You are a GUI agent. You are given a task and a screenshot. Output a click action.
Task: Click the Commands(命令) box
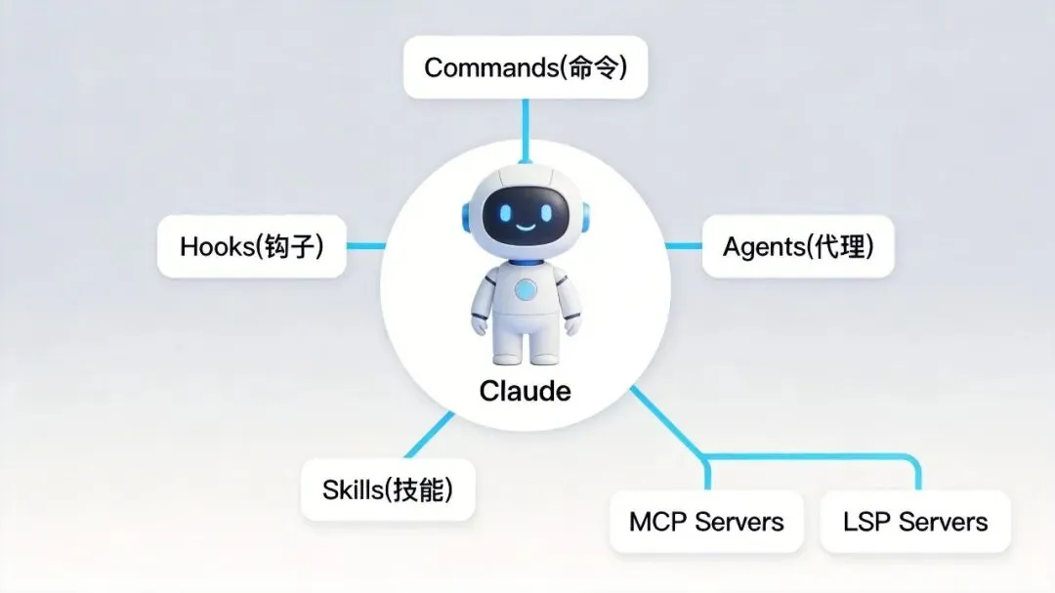point(525,67)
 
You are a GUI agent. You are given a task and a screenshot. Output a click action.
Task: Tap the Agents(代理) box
point(797,246)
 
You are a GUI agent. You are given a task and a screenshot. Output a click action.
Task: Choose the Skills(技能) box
point(388,488)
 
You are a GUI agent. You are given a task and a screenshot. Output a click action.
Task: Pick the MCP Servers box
point(705,522)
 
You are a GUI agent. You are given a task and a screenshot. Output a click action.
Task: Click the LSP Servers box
point(914,522)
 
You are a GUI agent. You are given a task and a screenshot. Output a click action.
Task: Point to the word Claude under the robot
point(525,391)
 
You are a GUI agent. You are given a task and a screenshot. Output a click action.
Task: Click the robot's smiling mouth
point(526,228)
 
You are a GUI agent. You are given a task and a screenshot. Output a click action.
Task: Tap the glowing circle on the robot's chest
point(526,289)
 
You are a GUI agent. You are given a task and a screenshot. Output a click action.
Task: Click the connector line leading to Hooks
point(367,246)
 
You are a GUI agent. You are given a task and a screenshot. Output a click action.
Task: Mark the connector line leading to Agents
point(684,246)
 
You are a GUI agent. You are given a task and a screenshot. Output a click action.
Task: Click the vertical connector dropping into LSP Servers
point(917,475)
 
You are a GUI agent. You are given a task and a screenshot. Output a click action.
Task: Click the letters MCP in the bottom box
point(657,522)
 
